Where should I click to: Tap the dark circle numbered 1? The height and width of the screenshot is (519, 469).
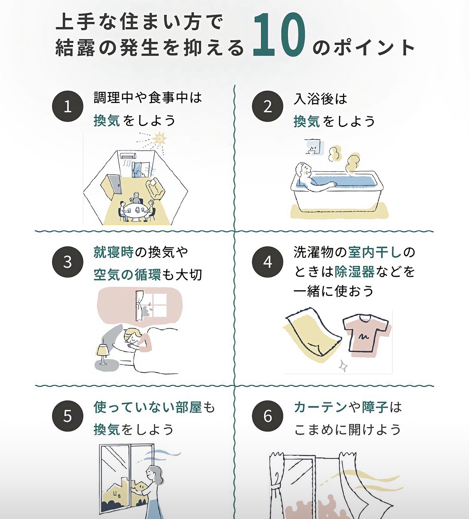pyautogui.click(x=68, y=106)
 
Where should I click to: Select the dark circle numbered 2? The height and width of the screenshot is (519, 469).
pyautogui.click(x=267, y=106)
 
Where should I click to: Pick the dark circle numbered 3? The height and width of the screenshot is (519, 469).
pyautogui.click(x=68, y=262)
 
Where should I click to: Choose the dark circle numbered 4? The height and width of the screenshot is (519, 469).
pyautogui.click(x=267, y=262)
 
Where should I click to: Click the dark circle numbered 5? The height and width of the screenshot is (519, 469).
pyautogui.click(x=68, y=416)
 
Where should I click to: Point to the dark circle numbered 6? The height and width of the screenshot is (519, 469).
pyautogui.click(x=267, y=416)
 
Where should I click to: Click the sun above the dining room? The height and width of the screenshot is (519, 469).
pyautogui.click(x=159, y=139)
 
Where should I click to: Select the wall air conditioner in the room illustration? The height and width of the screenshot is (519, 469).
pyautogui.click(x=128, y=156)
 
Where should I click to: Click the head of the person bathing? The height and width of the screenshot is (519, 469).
pyautogui.click(x=303, y=170)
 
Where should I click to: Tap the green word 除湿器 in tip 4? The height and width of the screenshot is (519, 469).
pyautogui.click(x=354, y=272)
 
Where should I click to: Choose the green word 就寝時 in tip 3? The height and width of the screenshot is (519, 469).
pyautogui.click(x=114, y=252)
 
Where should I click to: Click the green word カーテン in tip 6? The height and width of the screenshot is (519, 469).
pyautogui.click(x=320, y=407)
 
